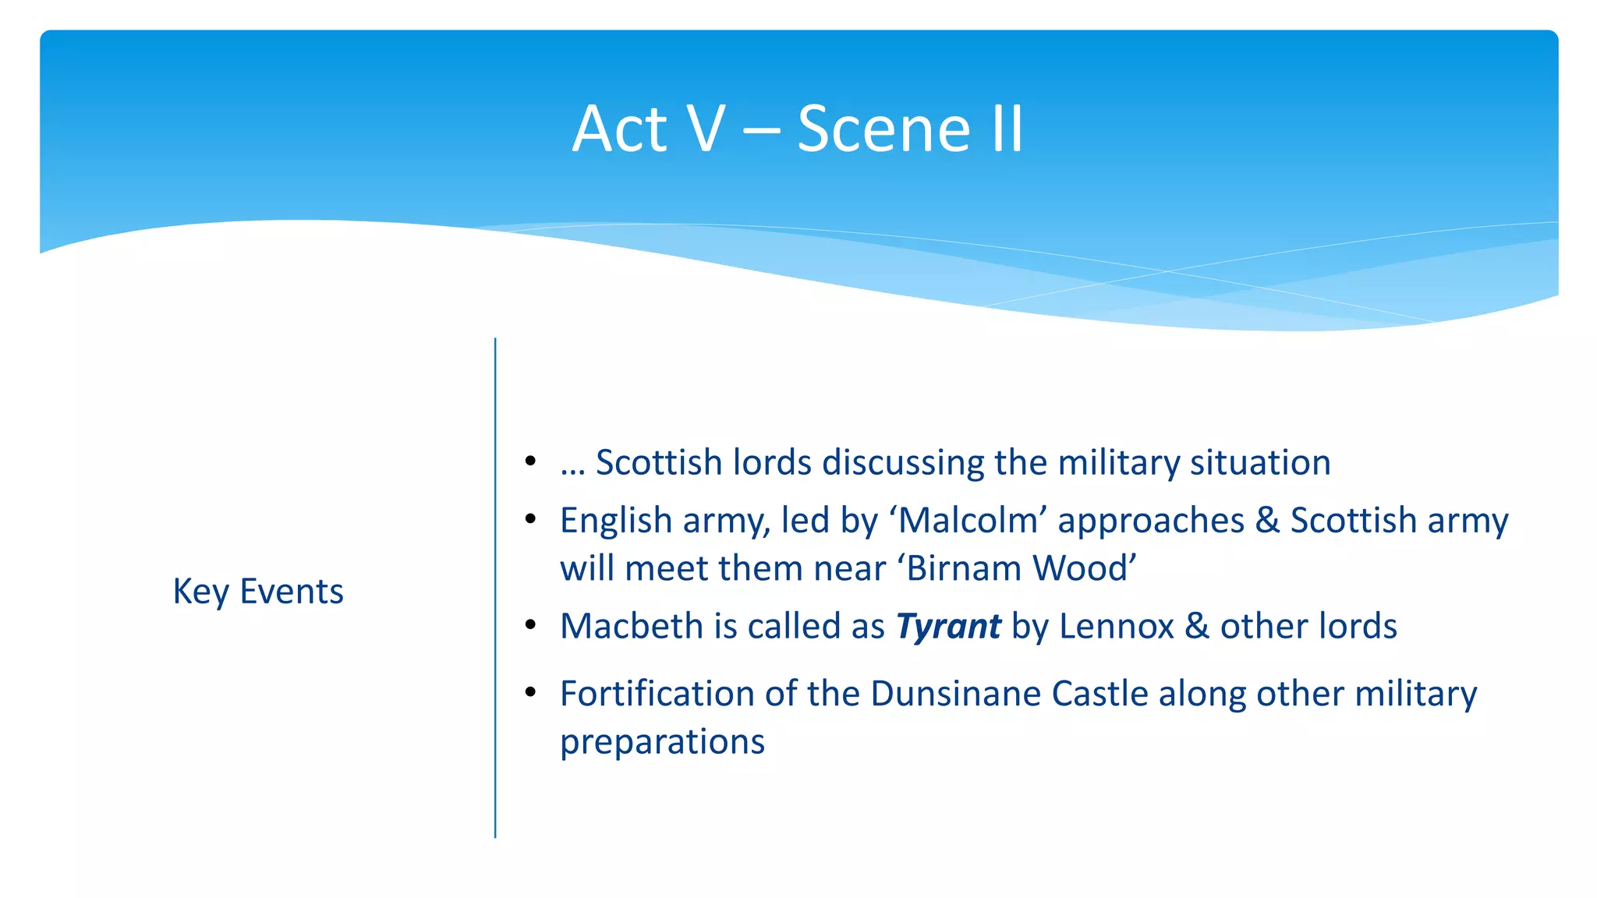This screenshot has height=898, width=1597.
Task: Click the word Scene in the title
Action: coord(883,129)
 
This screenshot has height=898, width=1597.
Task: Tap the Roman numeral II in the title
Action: coord(1007,129)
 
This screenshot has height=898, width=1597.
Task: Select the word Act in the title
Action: coord(620,129)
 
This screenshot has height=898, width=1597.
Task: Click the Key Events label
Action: coord(258,591)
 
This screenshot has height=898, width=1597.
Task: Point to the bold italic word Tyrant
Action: coord(948,626)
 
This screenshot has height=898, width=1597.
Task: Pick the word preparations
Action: coord(663,742)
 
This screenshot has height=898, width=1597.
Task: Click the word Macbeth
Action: coord(621,626)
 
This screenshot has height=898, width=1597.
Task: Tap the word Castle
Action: coord(1099,694)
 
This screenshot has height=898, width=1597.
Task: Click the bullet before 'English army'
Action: coord(530,519)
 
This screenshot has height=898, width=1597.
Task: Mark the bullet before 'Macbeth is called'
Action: coord(530,625)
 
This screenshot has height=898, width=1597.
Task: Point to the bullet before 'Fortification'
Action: coord(530,692)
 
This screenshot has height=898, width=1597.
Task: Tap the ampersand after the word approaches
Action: coord(1267,520)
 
